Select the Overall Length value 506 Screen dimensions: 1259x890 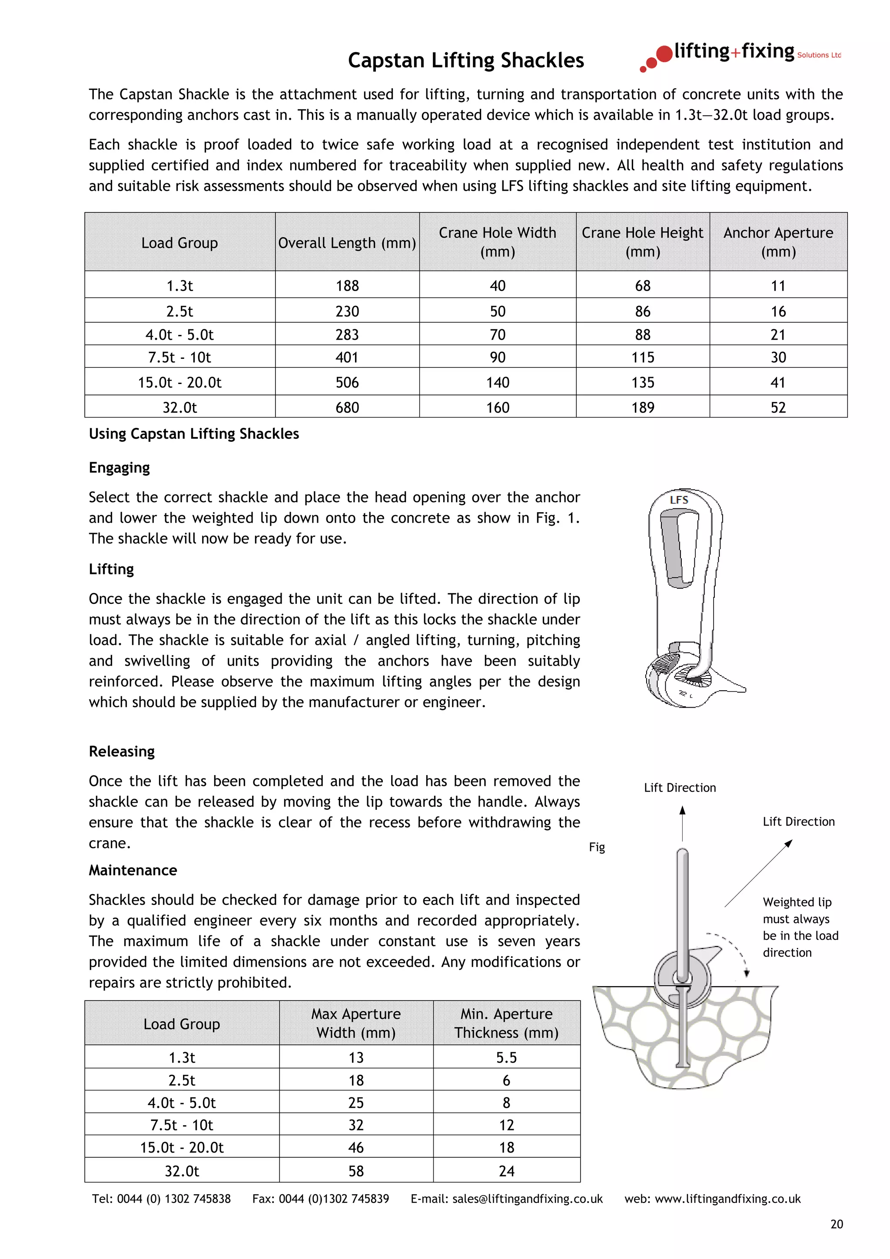[347, 382]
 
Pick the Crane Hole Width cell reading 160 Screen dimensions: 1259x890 [498, 408]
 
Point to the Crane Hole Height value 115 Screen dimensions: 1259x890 [642, 358]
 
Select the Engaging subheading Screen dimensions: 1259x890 [119, 468]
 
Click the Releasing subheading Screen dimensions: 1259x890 [122, 751]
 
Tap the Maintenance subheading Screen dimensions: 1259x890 [133, 870]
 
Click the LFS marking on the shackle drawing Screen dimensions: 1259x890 [679, 500]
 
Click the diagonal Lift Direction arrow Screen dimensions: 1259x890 [758, 873]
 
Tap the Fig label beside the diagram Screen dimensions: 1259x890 [597, 847]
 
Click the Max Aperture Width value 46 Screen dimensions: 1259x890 [356, 1147]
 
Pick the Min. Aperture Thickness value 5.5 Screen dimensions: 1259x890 [506, 1057]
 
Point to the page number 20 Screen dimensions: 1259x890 [836, 1224]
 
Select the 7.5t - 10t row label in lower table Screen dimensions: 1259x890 [182, 1125]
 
